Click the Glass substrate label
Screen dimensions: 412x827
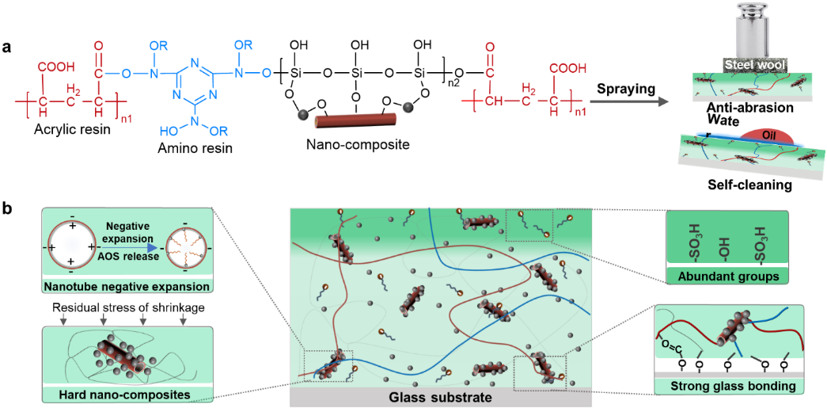(x=434, y=397)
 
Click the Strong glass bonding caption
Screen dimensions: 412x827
(x=724, y=385)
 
